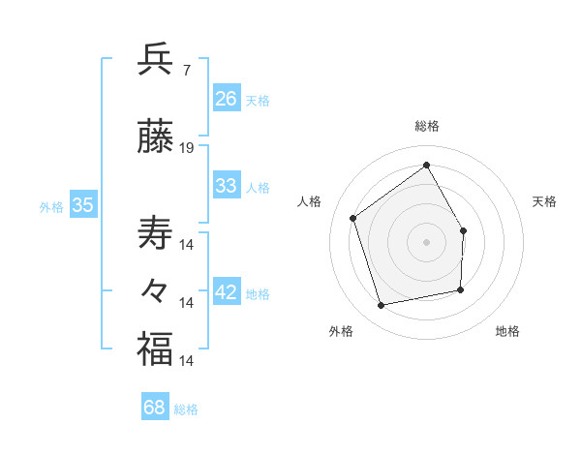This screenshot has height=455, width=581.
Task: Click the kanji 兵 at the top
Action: pos(155,60)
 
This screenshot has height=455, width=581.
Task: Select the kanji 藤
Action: pos(155,138)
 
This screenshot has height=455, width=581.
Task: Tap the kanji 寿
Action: pos(155,233)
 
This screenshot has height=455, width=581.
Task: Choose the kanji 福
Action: pos(155,349)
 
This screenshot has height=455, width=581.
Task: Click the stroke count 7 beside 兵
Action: pos(186,70)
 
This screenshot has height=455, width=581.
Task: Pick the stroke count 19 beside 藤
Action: pos(187,148)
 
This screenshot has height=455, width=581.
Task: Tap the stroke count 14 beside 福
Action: pos(187,360)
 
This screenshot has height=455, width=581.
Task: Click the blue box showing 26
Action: pos(226,98)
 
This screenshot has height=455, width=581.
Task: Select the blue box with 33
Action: pos(226,186)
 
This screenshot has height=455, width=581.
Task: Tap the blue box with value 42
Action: pos(226,292)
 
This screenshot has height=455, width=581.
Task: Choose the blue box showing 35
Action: pos(82,204)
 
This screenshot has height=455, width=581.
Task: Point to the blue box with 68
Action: pos(154,408)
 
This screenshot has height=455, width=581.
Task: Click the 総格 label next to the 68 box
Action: pos(186,409)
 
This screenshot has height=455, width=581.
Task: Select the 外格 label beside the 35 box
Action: pos(51,206)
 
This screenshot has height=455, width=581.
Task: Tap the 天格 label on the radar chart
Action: pos(544,201)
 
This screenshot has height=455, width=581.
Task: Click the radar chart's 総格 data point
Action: pos(426,165)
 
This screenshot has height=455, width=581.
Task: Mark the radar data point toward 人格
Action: pos(353,218)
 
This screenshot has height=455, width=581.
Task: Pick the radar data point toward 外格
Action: pos(382,306)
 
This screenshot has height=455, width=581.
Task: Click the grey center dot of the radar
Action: pos(426,241)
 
